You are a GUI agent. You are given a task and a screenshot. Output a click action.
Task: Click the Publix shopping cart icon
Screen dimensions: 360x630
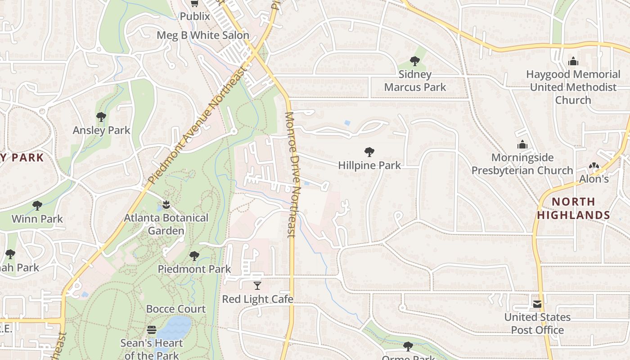point(194,4)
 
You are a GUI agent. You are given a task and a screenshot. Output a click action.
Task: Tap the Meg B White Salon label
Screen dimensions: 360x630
point(202,35)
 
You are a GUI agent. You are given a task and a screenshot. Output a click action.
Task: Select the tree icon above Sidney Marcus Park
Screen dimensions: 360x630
point(415,61)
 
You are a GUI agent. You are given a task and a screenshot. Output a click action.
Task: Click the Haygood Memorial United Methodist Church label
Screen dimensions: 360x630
point(573,87)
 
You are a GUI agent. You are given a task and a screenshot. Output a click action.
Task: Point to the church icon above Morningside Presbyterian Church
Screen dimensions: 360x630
point(522,144)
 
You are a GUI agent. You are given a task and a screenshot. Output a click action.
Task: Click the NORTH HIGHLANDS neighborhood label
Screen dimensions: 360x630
point(573,208)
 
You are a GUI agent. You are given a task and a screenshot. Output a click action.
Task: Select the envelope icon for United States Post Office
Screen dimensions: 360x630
point(537,304)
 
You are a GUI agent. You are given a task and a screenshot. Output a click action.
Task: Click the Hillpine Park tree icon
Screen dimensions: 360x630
point(369,152)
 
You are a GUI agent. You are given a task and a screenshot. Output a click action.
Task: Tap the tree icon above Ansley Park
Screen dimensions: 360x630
point(101,117)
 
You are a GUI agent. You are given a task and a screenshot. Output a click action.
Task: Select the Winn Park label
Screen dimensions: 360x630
point(37,219)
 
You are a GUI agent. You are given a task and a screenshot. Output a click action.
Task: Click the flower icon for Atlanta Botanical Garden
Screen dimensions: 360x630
point(166,205)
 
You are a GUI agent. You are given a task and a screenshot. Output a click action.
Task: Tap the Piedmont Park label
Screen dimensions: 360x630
point(194,269)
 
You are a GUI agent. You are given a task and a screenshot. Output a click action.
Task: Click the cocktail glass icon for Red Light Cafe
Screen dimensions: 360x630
point(257,285)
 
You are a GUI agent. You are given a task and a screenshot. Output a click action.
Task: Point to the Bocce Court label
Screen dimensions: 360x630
point(175,309)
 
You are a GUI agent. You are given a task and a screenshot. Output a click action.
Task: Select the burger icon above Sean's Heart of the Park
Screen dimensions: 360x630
point(152,330)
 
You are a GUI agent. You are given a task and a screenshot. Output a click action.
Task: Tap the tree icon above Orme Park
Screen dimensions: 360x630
point(408,346)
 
